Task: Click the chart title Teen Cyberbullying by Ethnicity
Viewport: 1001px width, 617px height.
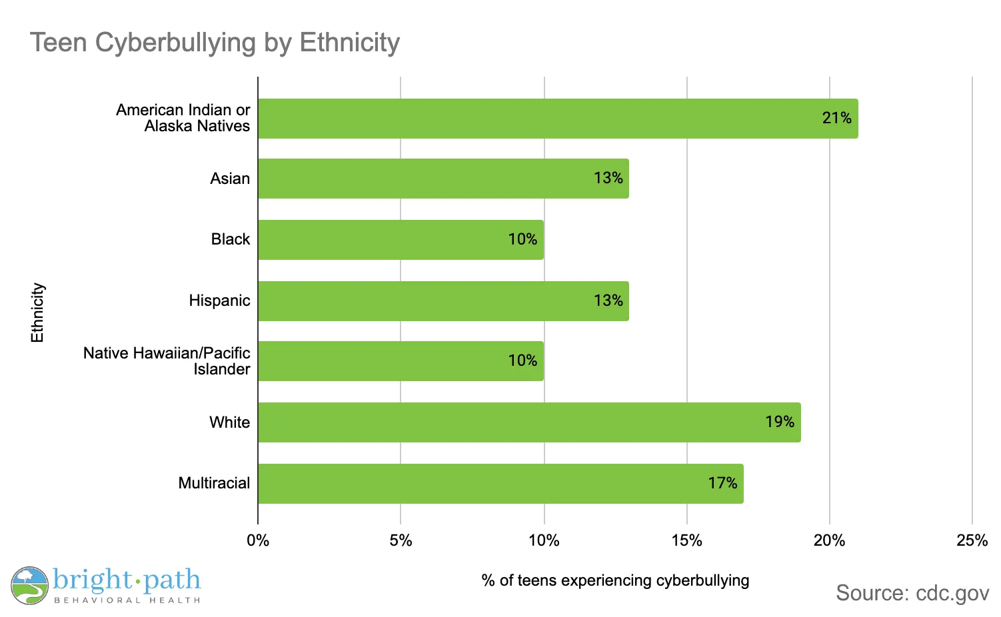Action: [215, 43]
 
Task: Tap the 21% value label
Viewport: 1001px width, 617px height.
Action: [836, 119]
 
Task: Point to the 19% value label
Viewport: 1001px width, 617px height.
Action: [780, 422]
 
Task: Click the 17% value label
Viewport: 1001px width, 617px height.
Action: [722, 483]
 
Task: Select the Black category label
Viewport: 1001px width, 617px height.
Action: [230, 239]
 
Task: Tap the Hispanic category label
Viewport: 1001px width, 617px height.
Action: [219, 301]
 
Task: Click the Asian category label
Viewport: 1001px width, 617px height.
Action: [230, 179]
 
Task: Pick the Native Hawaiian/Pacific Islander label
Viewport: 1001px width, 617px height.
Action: [167, 361]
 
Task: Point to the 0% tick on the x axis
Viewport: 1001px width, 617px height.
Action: [258, 540]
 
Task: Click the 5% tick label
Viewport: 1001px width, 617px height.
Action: [401, 540]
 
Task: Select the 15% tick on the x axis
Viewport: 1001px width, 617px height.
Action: [686, 540]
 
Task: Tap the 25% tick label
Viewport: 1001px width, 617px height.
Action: [972, 540]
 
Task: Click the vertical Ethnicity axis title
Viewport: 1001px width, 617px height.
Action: [37, 312]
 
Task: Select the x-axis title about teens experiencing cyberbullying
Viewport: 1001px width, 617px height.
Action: [615, 580]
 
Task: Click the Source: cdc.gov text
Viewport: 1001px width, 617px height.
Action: [912, 593]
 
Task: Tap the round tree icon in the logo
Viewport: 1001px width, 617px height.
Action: [29, 586]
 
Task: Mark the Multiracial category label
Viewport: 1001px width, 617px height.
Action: [214, 483]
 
